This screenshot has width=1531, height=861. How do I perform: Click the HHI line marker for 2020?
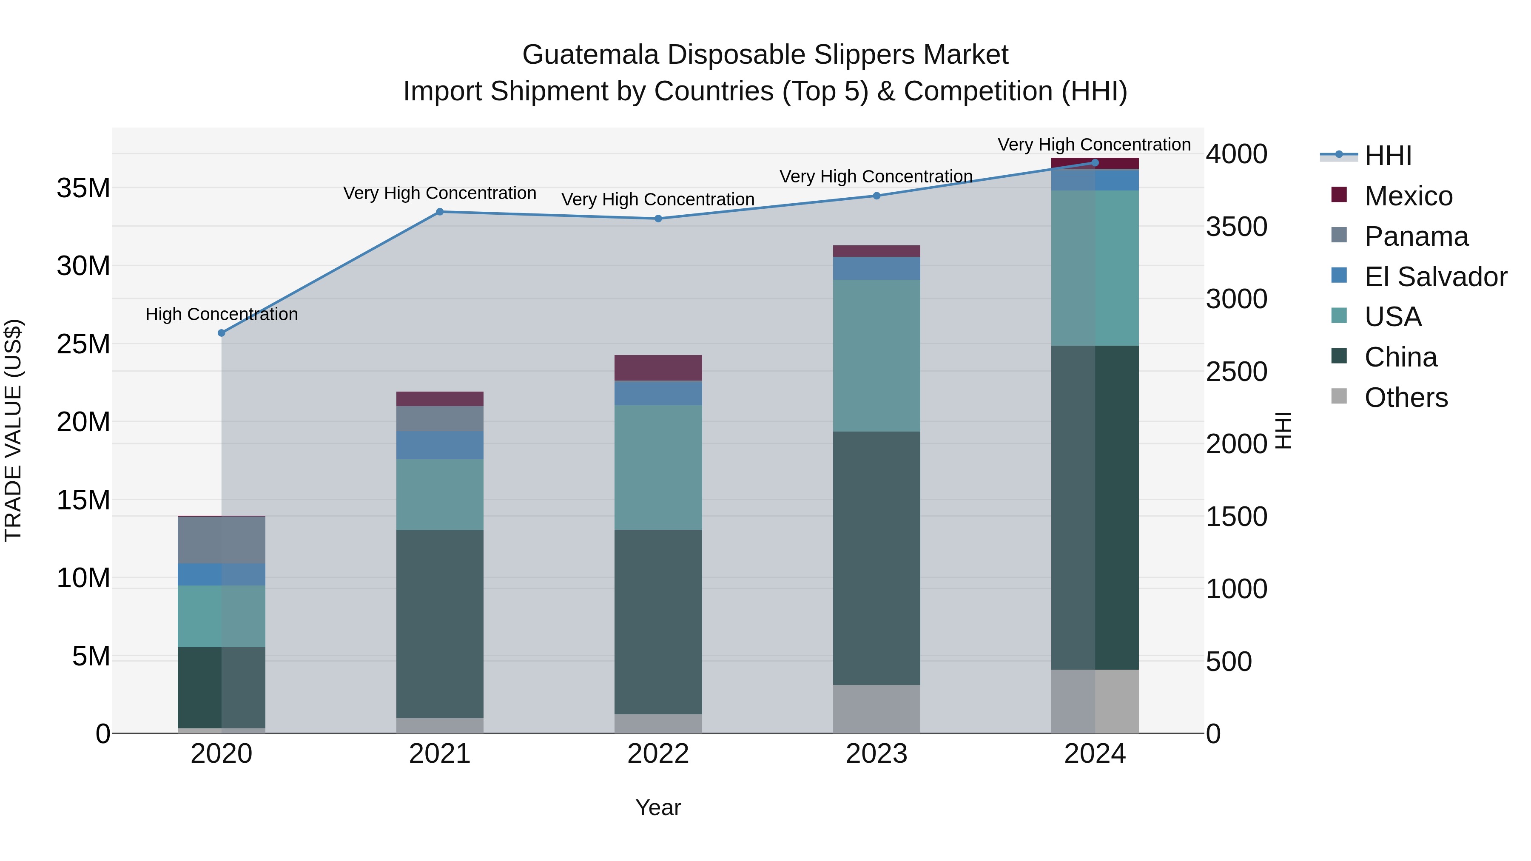pyautogui.click(x=222, y=333)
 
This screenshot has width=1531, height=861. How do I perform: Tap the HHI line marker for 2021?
pyautogui.click(x=440, y=212)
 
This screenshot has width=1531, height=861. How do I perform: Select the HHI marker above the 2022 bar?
pyautogui.click(x=658, y=219)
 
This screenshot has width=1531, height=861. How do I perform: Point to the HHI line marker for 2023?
pyautogui.click(x=876, y=196)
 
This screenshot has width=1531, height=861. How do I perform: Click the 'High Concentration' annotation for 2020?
pyautogui.click(x=222, y=314)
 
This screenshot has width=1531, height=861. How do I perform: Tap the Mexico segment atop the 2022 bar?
pyautogui.click(x=658, y=368)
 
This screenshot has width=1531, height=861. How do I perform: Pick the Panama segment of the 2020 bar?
pyautogui.click(x=222, y=540)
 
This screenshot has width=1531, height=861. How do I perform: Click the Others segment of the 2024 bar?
pyautogui.click(x=1095, y=701)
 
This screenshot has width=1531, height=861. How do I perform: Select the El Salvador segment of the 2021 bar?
pyautogui.click(x=440, y=445)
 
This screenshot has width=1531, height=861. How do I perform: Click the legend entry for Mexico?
pyautogui.click(x=1408, y=196)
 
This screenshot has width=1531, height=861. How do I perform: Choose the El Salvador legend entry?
pyautogui.click(x=1435, y=277)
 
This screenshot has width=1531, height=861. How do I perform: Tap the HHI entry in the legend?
pyautogui.click(x=1387, y=156)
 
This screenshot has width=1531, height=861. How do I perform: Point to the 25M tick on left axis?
pyautogui.click(x=83, y=344)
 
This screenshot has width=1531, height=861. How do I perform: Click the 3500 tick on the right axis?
pyautogui.click(x=1236, y=227)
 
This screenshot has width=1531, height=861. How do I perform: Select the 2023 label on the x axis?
pyautogui.click(x=876, y=754)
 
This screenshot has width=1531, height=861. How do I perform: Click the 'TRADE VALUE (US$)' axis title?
pyautogui.click(x=14, y=430)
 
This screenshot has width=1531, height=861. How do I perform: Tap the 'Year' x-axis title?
pyautogui.click(x=658, y=807)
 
